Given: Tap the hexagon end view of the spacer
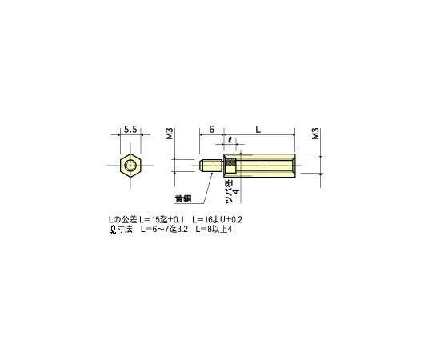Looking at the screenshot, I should coord(129,166).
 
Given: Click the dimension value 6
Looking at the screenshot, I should coord(210,129).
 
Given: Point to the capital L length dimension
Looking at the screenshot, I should coord(257,129).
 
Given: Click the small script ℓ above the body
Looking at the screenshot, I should coord(230,142).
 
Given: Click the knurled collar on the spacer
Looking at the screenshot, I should coord(230,166).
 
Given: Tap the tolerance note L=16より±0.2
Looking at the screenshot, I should coord(218,219).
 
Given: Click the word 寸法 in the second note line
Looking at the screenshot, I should coord(126,230).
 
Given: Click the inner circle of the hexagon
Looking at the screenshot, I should coord(129,166).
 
